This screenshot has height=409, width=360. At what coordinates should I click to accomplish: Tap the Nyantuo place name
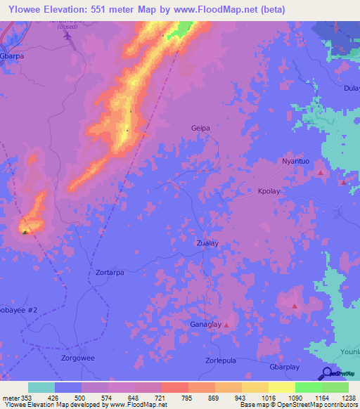296,162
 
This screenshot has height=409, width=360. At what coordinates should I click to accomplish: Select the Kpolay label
269,191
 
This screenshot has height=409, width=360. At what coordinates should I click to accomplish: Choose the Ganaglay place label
205,325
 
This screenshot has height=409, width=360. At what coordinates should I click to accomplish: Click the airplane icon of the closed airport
67,36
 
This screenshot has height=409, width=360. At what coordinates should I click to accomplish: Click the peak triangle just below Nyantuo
321,172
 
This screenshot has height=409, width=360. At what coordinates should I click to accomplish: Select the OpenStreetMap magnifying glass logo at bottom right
326,374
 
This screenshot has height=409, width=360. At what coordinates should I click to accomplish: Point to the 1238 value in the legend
348,398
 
